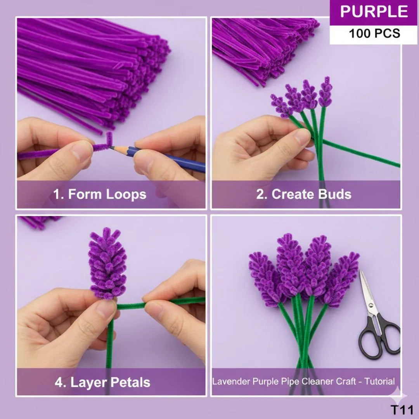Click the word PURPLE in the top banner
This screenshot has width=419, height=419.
pyautogui.click(x=374, y=12)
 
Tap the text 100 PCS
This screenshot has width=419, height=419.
pyautogui.click(x=374, y=33)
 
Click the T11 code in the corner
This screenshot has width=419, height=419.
pyautogui.click(x=402, y=410)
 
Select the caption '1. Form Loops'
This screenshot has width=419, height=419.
pyautogui.click(x=100, y=194)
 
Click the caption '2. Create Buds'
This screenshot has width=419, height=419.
pyautogui.click(x=303, y=194)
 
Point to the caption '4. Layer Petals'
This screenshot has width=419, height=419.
pyautogui.click(x=102, y=382)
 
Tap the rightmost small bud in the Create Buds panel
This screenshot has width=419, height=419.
pyautogui.click(x=325, y=92)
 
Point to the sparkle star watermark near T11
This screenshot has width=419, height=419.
pyautogui.click(x=398, y=395)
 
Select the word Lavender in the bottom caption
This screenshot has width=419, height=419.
pyautogui.click(x=231, y=381)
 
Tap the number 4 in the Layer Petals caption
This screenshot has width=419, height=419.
pyautogui.click(x=59, y=383)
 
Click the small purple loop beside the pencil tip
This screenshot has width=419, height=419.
pyautogui.click(x=109, y=139)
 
